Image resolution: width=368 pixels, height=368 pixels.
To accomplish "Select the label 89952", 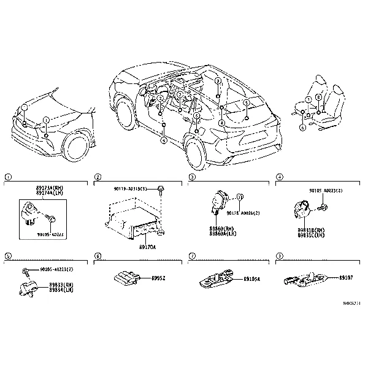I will (159, 278).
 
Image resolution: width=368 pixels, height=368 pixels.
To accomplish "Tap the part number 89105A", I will (252, 279).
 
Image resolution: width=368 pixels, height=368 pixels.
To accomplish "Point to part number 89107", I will (347, 278).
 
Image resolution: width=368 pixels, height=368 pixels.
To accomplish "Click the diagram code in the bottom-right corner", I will (351, 302).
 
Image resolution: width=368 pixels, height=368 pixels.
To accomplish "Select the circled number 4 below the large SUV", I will (164, 140).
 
